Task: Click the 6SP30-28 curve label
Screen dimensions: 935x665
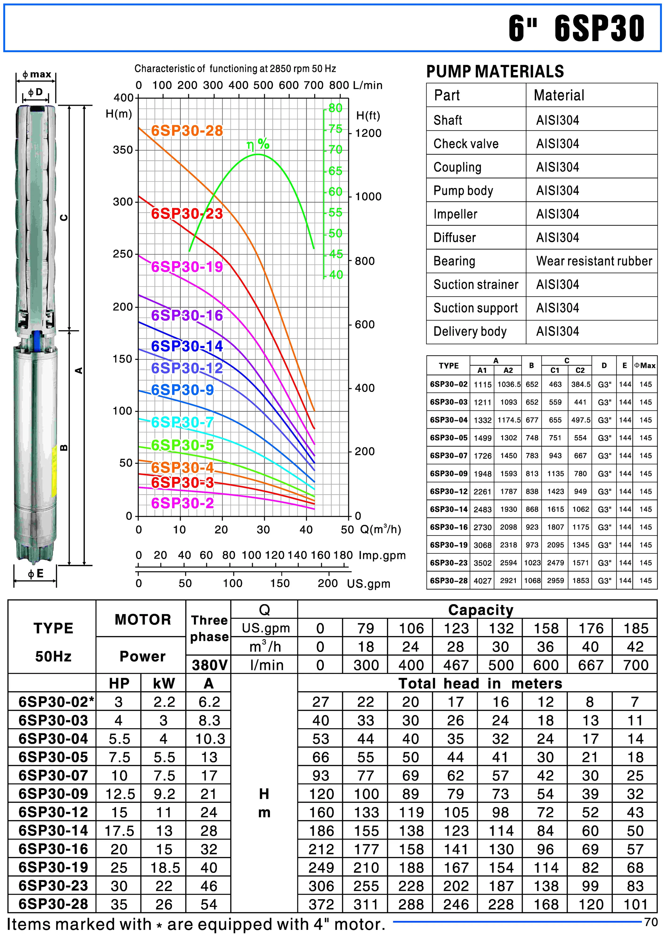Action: coord(187,131)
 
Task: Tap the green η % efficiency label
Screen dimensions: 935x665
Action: coord(258,144)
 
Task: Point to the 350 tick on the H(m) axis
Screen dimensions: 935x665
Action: coord(123,150)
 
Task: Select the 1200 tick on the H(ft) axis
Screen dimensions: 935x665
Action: coord(368,133)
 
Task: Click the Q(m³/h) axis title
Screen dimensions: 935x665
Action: coord(380,529)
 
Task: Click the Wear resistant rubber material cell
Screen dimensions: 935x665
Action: coord(594,261)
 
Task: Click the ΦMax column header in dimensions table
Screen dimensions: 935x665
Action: coord(645,366)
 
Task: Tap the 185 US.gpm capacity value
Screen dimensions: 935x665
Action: coord(635,628)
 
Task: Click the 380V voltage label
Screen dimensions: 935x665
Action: coord(209,665)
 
